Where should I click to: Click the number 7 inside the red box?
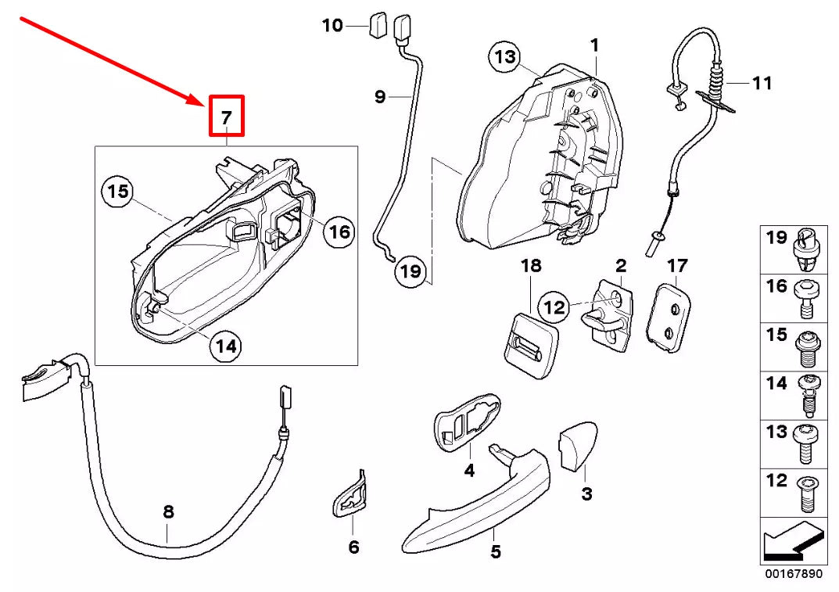coord(225,117)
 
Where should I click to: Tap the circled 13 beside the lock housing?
coord(506,56)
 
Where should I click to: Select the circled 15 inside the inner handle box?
coord(117,192)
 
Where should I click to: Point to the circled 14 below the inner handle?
coord(226,346)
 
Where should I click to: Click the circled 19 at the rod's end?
coord(410,271)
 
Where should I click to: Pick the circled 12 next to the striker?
coord(554,307)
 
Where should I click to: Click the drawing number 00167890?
coord(793,574)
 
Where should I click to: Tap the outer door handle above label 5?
coord(477,501)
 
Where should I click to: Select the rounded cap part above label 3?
coord(577,447)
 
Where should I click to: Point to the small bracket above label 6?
coord(351,497)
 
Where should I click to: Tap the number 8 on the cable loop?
coord(168,513)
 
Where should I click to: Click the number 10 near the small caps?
coord(332,26)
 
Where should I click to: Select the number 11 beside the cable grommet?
coord(761,82)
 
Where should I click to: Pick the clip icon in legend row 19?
coord(806,246)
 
